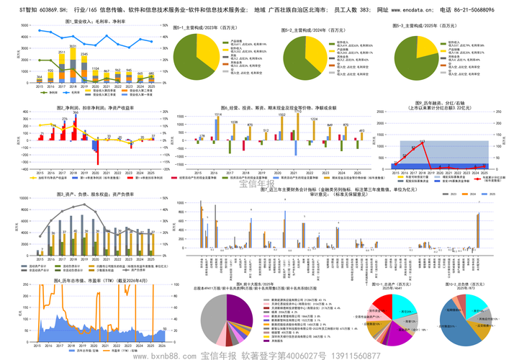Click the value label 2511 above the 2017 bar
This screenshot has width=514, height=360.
point(62,53)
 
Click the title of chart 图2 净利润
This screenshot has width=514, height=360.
point(96,107)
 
